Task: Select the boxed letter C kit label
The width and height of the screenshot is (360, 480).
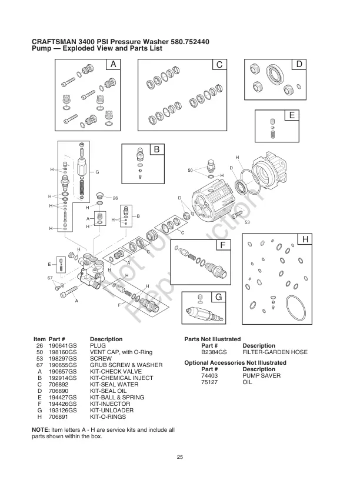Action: pyautogui.click(x=219, y=64)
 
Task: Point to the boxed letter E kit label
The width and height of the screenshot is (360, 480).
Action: pyautogui.click(x=290, y=115)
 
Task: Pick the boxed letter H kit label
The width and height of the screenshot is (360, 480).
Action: pyautogui.click(x=305, y=239)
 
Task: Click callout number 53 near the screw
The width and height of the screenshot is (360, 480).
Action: pyautogui.click(x=248, y=222)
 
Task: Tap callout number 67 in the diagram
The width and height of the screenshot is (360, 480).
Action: pyautogui.click(x=51, y=276)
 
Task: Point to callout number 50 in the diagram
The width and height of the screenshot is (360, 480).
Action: pyautogui.click(x=190, y=171)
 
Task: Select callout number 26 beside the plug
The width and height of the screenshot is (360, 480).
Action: pyautogui.click(x=116, y=198)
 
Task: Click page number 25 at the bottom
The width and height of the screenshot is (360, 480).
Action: pyautogui.click(x=180, y=457)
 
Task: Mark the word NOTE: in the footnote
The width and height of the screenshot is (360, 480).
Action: pyautogui.click(x=41, y=429)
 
